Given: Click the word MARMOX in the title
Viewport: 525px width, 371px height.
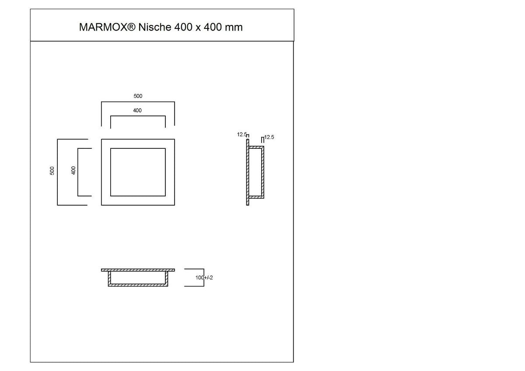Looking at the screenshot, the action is pos(103,27).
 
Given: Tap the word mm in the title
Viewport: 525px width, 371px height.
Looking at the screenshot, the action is pos(234,28).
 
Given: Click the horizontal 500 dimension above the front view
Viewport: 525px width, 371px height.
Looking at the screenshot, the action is pos(138,96).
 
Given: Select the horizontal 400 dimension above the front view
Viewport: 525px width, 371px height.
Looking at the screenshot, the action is pos(137,110).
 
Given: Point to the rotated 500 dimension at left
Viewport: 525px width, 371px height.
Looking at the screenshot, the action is pos(52,171).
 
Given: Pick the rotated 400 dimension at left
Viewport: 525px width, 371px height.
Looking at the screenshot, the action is pos(73,170).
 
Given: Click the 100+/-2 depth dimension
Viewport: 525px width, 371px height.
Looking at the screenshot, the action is pos(204,278).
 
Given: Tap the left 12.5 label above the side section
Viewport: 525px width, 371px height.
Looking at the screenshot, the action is pos(241,134).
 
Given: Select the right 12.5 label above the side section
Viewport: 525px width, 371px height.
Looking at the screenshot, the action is pos(269,137).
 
